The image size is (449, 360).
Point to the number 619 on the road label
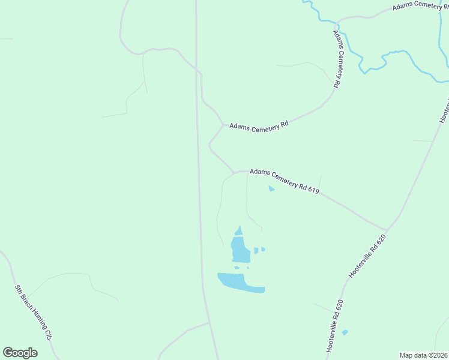click(311, 190)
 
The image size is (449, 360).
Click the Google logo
click(20, 352)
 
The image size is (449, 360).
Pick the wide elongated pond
click(240, 283)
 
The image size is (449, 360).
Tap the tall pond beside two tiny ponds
click(240, 250)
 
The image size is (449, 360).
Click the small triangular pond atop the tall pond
click(239, 231)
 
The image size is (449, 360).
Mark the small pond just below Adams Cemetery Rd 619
click(271, 188)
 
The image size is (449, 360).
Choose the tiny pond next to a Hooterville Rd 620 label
click(345, 332)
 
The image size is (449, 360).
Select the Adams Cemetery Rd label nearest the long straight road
click(259, 126)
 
